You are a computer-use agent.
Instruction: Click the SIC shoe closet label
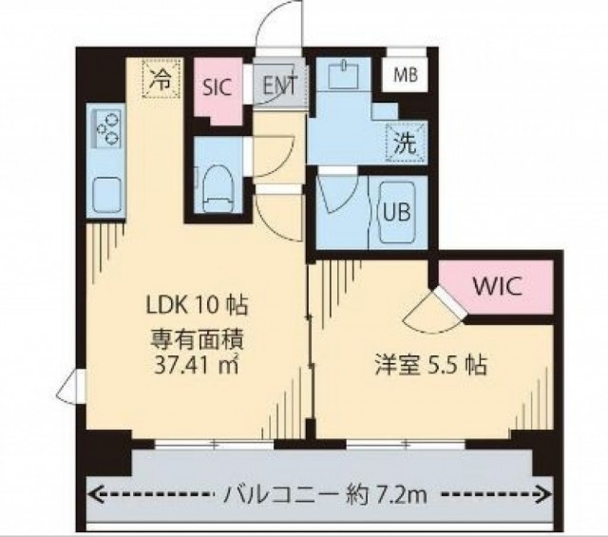[x=218, y=87]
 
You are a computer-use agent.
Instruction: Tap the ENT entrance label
[x=280, y=85]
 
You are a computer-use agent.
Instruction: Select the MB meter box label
[x=406, y=75]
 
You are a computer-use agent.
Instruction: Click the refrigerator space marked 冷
[x=161, y=78]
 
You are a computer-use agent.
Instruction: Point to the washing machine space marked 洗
[x=406, y=142]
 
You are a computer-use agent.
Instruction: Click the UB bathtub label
[x=397, y=212]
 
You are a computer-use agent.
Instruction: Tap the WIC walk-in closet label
[x=497, y=286]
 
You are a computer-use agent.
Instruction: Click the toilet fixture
[x=217, y=188]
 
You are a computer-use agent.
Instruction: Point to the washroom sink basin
[x=344, y=74]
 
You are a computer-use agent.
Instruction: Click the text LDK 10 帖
[x=197, y=305]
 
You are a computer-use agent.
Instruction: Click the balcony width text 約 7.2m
[x=387, y=495]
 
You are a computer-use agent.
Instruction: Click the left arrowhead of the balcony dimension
[x=93, y=494]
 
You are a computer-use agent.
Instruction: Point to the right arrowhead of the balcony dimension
[x=546, y=494]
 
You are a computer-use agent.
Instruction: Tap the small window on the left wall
[x=71, y=387]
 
